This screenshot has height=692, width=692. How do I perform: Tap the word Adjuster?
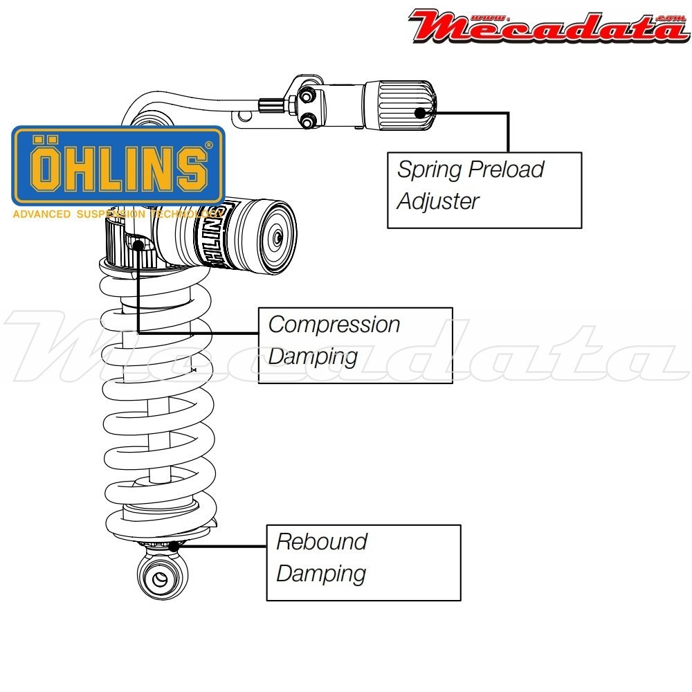tap(438, 201)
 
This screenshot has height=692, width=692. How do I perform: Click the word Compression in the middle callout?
tap(334, 325)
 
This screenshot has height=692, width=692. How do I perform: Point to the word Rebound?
tap(322, 541)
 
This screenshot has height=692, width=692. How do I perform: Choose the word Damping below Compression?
tap(313, 357)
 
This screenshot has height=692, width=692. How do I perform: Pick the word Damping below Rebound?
tap(321, 574)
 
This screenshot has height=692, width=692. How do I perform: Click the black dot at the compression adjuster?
tap(139, 244)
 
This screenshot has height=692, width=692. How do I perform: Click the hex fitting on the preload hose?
tap(272, 105)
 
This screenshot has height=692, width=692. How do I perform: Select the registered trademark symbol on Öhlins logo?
tap(209, 145)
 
